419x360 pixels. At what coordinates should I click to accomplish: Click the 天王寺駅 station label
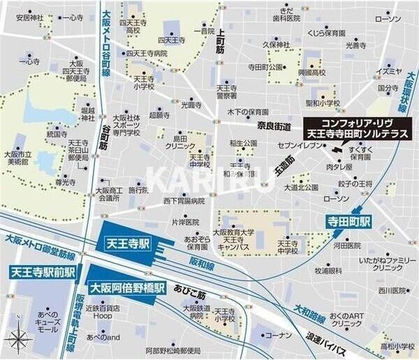pos(126,246)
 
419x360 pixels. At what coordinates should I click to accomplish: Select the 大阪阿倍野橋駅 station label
pos(126,287)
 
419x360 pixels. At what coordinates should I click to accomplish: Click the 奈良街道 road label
pos(274,126)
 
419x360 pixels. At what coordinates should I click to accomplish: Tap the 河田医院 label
pos(346,246)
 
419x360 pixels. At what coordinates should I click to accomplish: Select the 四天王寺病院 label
pos(147,53)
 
